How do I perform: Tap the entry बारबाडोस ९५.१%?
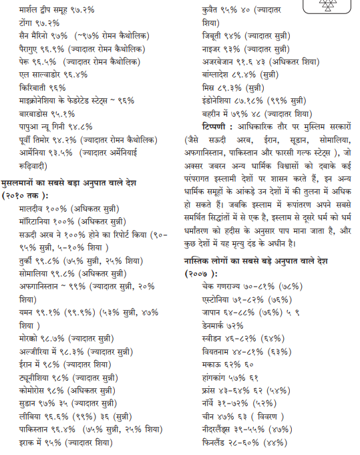(x=47, y=114)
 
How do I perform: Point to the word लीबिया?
(x=33, y=417)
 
